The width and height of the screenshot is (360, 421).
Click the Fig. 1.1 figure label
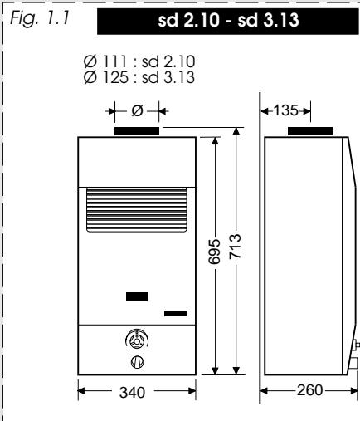[40, 19]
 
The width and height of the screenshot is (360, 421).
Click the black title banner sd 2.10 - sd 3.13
[228, 21]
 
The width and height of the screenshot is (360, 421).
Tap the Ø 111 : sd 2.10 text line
[139, 61]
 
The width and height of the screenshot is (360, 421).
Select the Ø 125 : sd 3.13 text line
[139, 77]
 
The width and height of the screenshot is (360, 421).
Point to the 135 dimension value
[285, 110]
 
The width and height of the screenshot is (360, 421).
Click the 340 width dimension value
[132, 393]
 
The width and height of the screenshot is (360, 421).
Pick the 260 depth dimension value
[309, 390]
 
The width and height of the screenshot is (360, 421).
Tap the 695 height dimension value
[214, 252]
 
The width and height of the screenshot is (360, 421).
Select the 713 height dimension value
[236, 247]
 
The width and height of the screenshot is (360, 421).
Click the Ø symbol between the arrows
[137, 111]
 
